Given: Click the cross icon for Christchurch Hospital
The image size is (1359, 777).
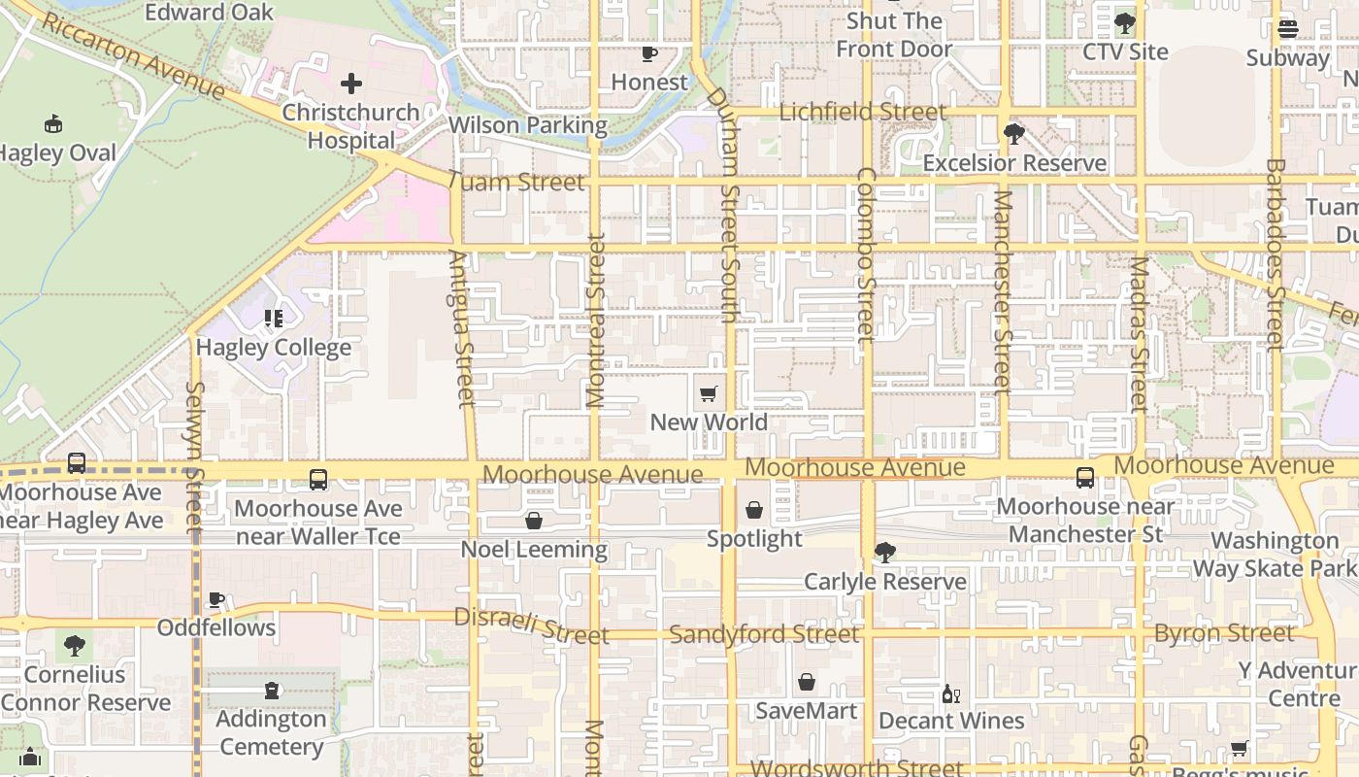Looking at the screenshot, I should pyautogui.click(x=351, y=84).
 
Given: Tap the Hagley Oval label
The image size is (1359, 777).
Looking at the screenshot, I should pyautogui.click(x=58, y=153).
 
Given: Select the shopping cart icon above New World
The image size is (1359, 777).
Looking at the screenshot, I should pyautogui.click(x=709, y=394).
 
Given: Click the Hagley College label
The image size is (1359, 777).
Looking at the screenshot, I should pyautogui.click(x=274, y=348).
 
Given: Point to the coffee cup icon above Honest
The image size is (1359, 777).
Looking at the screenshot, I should pyautogui.click(x=648, y=54).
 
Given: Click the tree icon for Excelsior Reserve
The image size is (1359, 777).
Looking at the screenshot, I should pyautogui.click(x=1014, y=134).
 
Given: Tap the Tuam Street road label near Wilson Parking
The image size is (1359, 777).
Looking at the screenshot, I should pyautogui.click(x=516, y=182).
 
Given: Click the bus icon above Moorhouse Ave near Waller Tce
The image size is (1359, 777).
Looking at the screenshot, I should pyautogui.click(x=318, y=480).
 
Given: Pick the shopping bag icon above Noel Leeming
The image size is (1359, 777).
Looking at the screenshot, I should pyautogui.click(x=534, y=522).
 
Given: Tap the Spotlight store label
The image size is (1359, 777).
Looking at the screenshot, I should pyautogui.click(x=754, y=539).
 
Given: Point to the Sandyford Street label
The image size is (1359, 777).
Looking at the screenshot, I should pyautogui.click(x=764, y=635).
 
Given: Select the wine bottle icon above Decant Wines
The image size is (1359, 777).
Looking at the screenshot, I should pyautogui.click(x=951, y=693).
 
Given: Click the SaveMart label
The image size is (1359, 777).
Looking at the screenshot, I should pyautogui.click(x=806, y=711).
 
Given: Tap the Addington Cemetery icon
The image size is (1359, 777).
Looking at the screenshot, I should pyautogui.click(x=272, y=691).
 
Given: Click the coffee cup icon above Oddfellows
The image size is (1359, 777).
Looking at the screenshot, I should pyautogui.click(x=216, y=600).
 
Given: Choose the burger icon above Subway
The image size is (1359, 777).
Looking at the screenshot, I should pyautogui.click(x=1288, y=29).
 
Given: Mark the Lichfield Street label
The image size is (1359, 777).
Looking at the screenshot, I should pyautogui.click(x=862, y=113).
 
